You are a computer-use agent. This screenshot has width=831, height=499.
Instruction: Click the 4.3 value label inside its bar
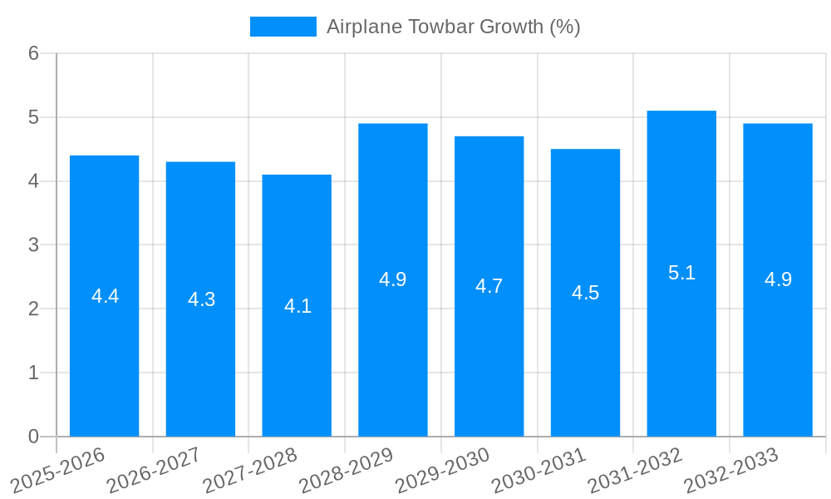[x=201, y=299]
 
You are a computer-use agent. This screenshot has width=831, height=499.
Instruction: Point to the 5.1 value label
[x=681, y=273]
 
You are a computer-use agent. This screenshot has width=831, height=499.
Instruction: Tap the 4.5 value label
[x=585, y=293]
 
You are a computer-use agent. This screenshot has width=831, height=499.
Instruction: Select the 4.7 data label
[x=489, y=286]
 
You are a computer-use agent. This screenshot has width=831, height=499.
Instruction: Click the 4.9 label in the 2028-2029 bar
[x=392, y=279]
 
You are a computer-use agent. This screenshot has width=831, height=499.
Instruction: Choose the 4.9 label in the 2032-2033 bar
[x=778, y=279]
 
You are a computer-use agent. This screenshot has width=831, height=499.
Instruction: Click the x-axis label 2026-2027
[x=154, y=470]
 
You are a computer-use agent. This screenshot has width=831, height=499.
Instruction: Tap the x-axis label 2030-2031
[x=538, y=470]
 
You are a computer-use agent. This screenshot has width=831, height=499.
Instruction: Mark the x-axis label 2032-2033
[x=731, y=470]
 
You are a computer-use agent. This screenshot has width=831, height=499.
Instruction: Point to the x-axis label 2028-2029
[x=346, y=470]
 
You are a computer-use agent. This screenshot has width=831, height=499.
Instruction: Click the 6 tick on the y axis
[x=33, y=53]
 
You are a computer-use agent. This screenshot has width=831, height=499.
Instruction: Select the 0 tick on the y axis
[x=33, y=437]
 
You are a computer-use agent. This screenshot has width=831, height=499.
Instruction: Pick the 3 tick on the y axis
[x=33, y=245]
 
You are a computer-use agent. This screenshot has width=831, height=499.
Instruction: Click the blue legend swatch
[x=283, y=27]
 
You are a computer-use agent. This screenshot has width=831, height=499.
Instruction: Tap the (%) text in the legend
[x=565, y=27]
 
